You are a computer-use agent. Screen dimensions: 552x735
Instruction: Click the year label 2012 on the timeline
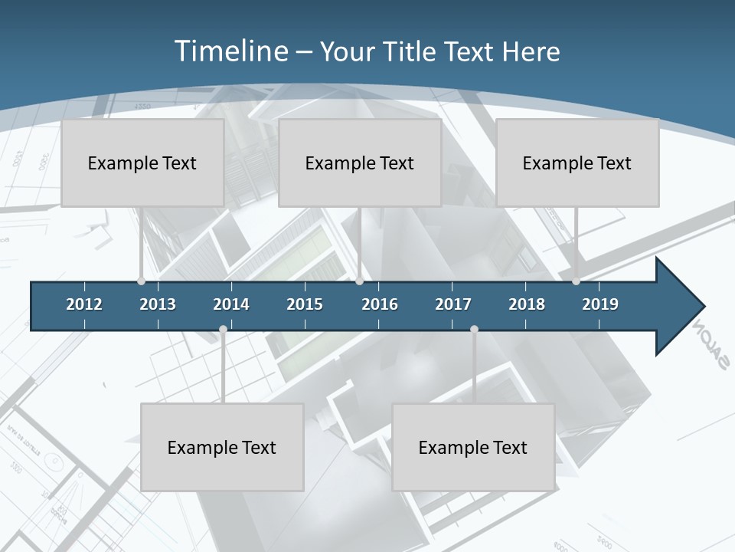point(84,304)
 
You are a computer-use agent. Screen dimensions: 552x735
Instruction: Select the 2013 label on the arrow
point(158,304)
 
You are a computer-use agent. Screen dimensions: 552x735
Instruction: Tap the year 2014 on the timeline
point(231,304)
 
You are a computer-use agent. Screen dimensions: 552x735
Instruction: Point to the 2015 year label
point(305,304)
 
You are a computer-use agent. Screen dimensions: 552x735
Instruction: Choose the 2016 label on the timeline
point(380,304)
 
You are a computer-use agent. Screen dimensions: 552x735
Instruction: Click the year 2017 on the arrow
point(453,304)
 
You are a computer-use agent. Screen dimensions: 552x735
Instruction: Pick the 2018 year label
point(527,304)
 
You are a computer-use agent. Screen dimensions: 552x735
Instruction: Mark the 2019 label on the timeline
point(600,304)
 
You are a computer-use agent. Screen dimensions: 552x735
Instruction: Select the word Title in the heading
point(411,51)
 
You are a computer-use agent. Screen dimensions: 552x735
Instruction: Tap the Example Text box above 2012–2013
point(142,163)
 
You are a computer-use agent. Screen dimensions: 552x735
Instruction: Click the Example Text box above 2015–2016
point(360,163)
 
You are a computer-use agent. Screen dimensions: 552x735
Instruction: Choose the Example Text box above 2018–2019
point(577,163)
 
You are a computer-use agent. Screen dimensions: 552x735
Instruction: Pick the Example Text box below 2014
point(222,447)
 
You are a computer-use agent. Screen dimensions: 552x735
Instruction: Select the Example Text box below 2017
point(473,447)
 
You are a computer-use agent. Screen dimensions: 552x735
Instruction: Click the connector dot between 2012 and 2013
point(141,281)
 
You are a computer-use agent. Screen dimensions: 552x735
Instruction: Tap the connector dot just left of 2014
point(223,330)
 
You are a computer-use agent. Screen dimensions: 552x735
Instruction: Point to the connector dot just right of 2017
point(474,330)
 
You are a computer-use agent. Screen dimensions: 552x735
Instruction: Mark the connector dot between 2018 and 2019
point(576,281)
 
